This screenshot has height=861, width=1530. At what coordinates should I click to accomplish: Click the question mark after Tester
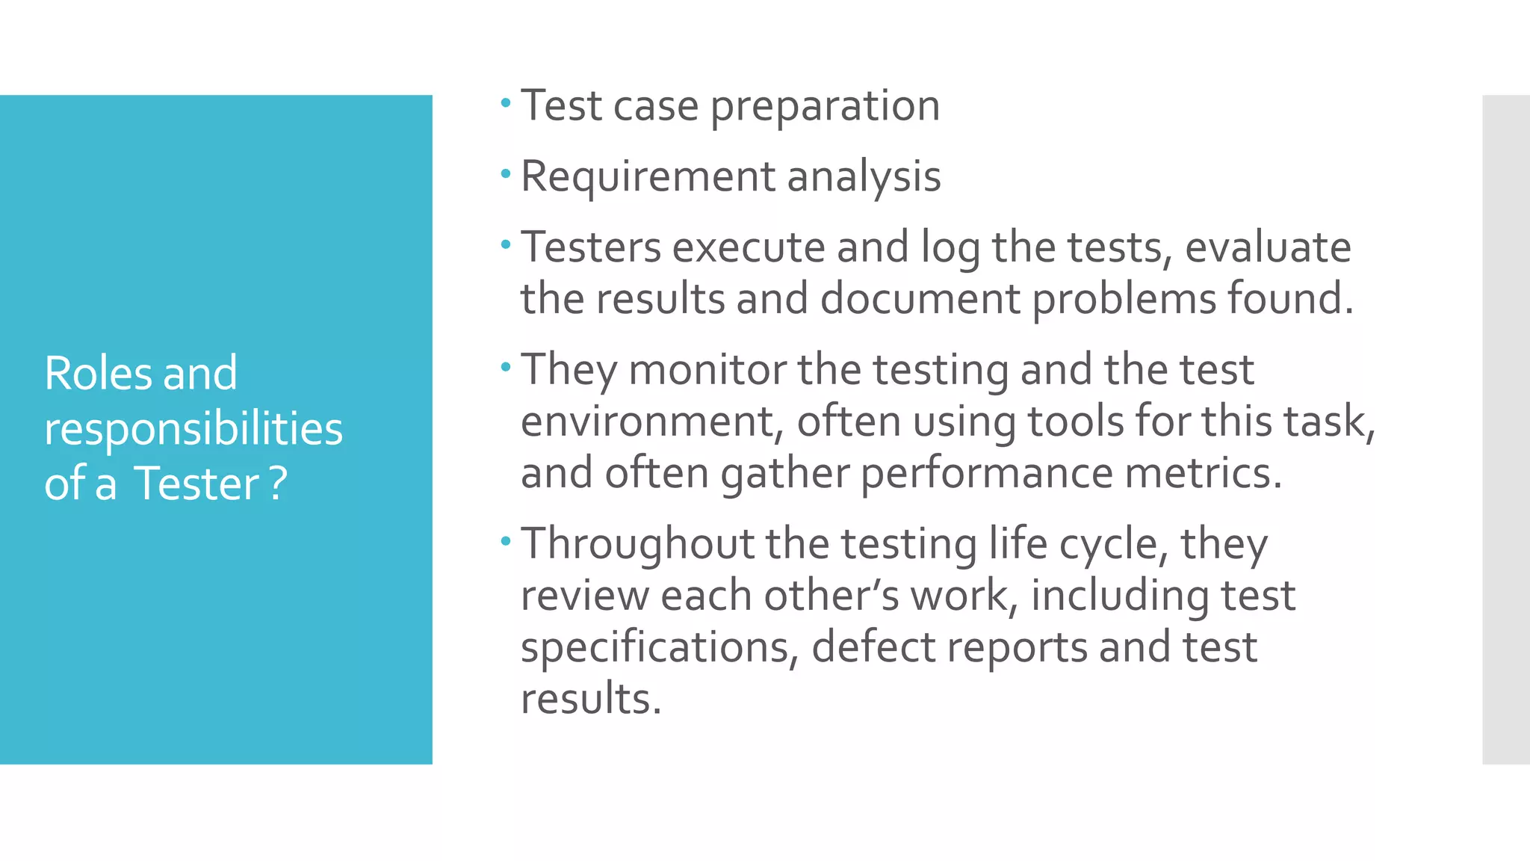tap(278, 484)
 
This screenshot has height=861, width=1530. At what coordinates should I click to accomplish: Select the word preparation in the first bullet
tap(825, 106)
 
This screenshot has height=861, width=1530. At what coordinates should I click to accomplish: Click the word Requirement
tap(648, 177)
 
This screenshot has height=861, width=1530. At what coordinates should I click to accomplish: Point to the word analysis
tap(864, 177)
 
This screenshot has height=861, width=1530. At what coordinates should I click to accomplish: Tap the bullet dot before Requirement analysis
tap(506, 174)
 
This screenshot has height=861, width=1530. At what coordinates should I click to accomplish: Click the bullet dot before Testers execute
tap(506, 244)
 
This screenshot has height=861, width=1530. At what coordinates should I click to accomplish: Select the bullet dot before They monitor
tap(506, 367)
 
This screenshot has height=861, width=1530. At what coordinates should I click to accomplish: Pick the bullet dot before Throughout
tap(506, 540)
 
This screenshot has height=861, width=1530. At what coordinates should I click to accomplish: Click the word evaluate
tap(1268, 247)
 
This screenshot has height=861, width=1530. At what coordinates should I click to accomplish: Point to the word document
tap(920, 298)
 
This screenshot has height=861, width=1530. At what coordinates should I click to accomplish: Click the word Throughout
tap(637, 543)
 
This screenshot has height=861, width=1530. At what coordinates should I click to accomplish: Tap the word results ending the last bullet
tap(591, 698)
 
